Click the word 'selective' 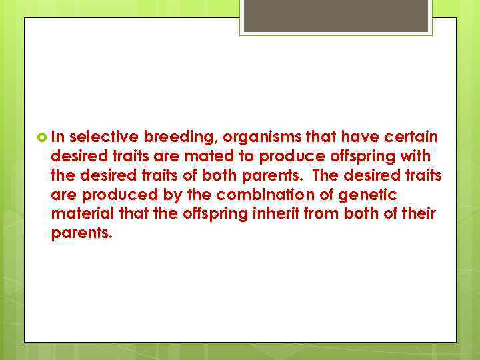tap(103, 137)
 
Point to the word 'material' tap(77, 214)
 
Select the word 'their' tap(421, 214)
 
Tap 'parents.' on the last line tap(78, 234)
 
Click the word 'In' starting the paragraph tap(57, 137)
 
